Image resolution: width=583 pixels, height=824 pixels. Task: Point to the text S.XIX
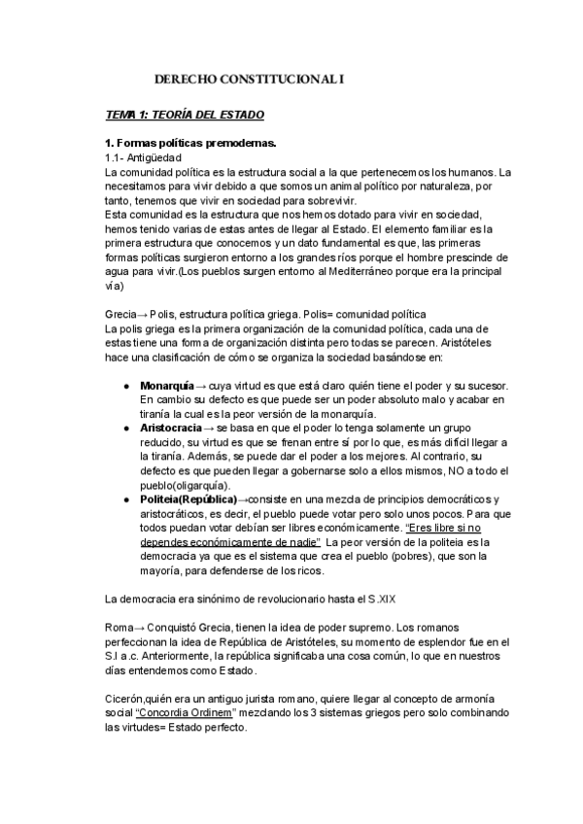tap(358, 597)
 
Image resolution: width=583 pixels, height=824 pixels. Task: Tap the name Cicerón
tap(125, 698)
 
